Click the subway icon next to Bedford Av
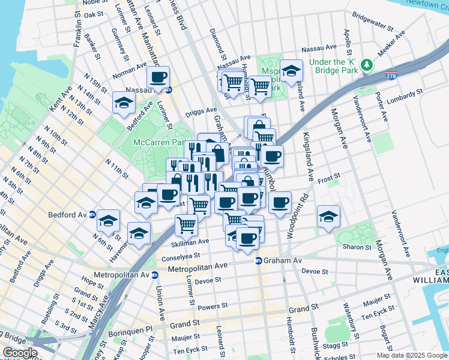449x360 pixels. pyautogui.click(x=92, y=215)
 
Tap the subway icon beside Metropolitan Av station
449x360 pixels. pyautogui.click(x=154, y=275)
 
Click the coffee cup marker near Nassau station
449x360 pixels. pyautogui.click(x=158, y=77)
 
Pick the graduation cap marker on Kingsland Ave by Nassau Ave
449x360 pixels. pyautogui.click(x=291, y=71)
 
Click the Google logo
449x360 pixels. pyautogui.click(x=19, y=353)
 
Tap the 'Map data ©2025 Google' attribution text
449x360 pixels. pyautogui.click(x=412, y=355)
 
